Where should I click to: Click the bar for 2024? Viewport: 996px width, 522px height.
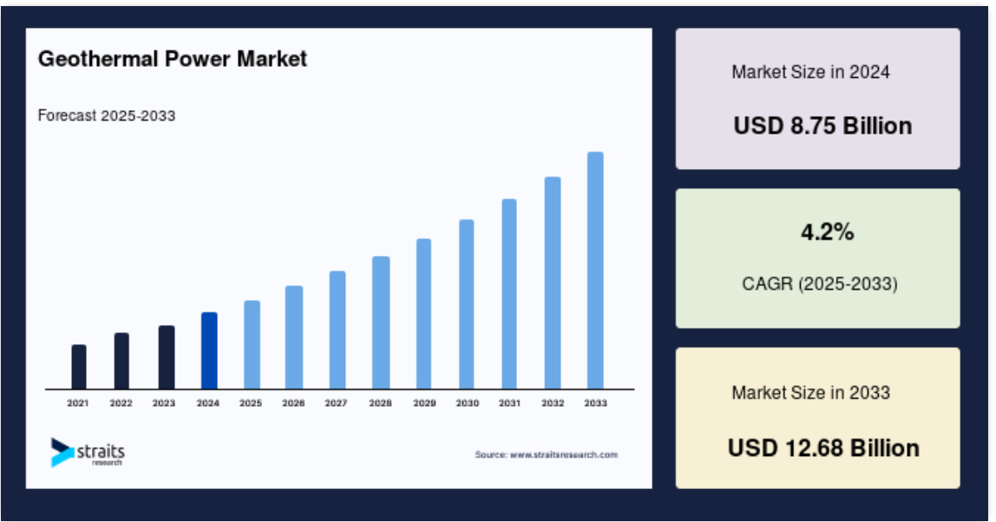(x=209, y=350)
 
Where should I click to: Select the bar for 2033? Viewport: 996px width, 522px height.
(x=595, y=271)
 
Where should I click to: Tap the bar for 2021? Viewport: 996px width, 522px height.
(x=79, y=367)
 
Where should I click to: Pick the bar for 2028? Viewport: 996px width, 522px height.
(x=381, y=323)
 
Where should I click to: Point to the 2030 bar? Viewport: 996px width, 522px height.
(x=466, y=304)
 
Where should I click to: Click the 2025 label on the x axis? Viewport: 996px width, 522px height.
(x=251, y=402)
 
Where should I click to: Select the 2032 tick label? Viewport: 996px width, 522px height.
(x=553, y=402)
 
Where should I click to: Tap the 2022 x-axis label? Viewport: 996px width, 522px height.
(x=121, y=402)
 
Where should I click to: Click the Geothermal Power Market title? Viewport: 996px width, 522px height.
(x=173, y=59)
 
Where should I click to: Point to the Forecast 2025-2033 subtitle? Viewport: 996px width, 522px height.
(x=107, y=115)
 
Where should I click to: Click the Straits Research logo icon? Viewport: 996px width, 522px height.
(x=62, y=452)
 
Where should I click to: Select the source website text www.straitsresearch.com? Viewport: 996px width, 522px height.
(x=564, y=454)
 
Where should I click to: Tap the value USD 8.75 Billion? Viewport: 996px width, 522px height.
(x=822, y=126)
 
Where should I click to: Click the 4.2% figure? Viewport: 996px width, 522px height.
(x=827, y=232)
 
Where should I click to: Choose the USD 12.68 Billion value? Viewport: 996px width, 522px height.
(x=823, y=447)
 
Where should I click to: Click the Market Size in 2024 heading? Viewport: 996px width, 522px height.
(x=810, y=72)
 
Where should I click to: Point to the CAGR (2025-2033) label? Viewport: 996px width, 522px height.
(x=819, y=284)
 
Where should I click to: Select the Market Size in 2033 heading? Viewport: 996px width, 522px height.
(x=810, y=393)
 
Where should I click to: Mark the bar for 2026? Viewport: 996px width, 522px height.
(x=294, y=337)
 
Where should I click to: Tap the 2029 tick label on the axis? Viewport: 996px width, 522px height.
(x=424, y=402)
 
